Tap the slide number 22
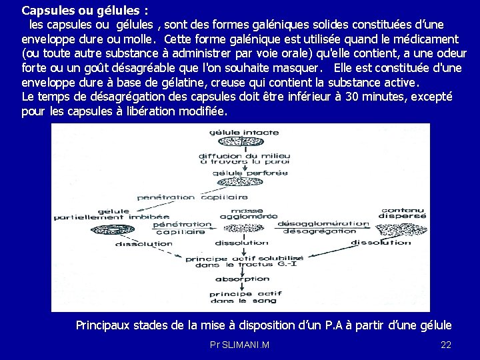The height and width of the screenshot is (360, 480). [447, 345]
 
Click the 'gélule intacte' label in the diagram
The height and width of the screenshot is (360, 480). [235, 133]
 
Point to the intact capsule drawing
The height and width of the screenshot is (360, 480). [235, 143]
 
